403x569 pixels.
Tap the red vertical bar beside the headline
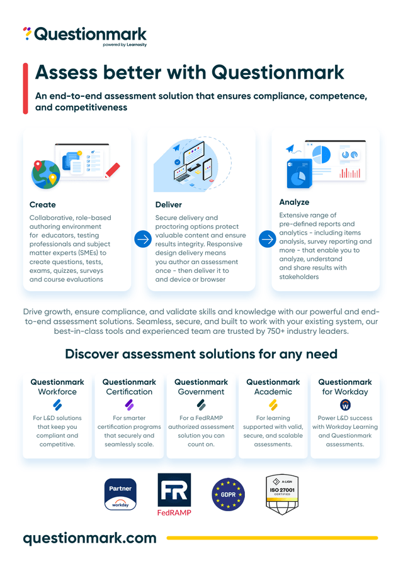coord(25,89)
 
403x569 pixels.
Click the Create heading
coord(43,205)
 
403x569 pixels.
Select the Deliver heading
coord(169,205)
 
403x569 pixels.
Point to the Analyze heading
coord(294,202)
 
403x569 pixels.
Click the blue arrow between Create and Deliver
coord(143,239)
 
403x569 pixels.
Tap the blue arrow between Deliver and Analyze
coord(268,239)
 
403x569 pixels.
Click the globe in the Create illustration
coord(46,175)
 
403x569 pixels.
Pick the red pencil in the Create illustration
coord(112,170)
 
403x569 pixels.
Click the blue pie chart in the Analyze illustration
coord(321,155)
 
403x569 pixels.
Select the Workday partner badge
coord(120,494)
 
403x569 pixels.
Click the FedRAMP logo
coord(174,494)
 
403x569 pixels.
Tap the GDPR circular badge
coord(228,494)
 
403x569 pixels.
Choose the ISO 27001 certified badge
coord(282,494)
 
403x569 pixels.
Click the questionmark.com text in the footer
coord(90,538)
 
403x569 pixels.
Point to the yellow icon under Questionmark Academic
coord(273,405)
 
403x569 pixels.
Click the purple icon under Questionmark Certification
coord(129,405)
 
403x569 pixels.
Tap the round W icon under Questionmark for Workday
coord(345,405)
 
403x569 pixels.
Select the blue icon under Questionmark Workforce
coord(57,405)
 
